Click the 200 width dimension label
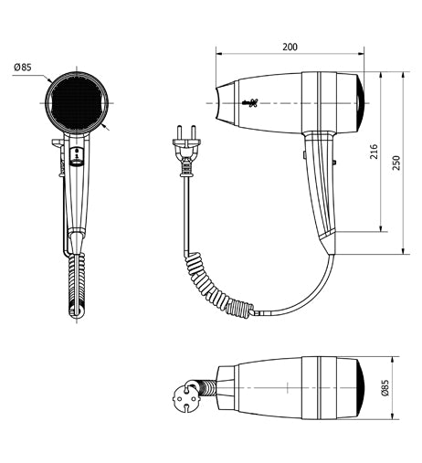pos(290,47)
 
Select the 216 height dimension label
pos(374,152)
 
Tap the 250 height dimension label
pos(396,163)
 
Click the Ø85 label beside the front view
pos(23,67)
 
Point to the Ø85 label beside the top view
pos(385,387)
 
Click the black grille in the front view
pos(77,102)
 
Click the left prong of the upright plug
pos(180,132)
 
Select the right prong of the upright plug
pos(193,132)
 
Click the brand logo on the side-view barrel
pos(250,103)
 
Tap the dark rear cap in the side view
pos(361,103)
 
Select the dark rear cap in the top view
pos(361,388)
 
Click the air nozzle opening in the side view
pos(217,103)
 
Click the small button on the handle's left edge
pos(304,154)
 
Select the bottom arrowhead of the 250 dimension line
pos(403,251)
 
